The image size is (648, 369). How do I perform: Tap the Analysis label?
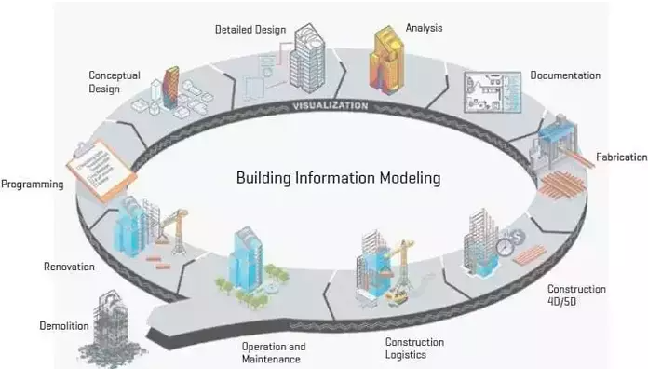coord(424,28)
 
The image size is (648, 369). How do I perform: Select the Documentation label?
coord(565,75)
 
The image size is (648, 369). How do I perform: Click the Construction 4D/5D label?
coord(576,295)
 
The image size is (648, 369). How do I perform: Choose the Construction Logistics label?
coord(414,348)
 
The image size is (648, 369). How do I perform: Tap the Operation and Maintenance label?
coord(273,353)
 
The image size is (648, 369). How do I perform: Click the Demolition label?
coord(64,327)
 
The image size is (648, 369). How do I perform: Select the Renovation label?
coord(70,267)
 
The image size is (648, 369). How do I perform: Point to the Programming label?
coord(33,184)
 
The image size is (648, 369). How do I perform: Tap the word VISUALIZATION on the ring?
coord(331,106)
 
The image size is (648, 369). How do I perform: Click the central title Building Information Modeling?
coord(338,176)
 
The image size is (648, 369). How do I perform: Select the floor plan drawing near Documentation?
coord(487,91)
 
